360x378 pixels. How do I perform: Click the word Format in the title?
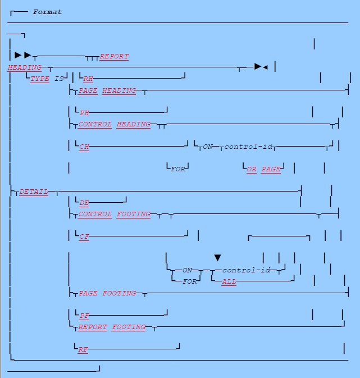coord(47,12)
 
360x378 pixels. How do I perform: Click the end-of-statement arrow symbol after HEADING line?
coord(261,67)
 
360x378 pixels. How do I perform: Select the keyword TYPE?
coord(40,79)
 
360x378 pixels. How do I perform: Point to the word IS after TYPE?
coord(59,79)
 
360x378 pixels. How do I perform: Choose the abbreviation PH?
coord(85,113)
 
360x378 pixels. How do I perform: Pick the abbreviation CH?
coord(84,147)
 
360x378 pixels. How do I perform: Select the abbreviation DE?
coord(84,203)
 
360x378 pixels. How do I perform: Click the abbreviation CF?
coord(84,237)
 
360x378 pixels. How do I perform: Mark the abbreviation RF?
coord(83,349)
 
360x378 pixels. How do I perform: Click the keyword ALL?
coord(229,281)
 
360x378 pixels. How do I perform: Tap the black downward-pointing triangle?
coord(218,258)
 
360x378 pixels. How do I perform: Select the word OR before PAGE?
coord(252,169)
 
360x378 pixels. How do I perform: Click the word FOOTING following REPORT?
coord(129,327)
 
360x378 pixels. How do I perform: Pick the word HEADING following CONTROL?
coord(133,125)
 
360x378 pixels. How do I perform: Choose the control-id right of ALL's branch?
coord(247,270)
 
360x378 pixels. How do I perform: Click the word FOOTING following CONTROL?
coord(134,215)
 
